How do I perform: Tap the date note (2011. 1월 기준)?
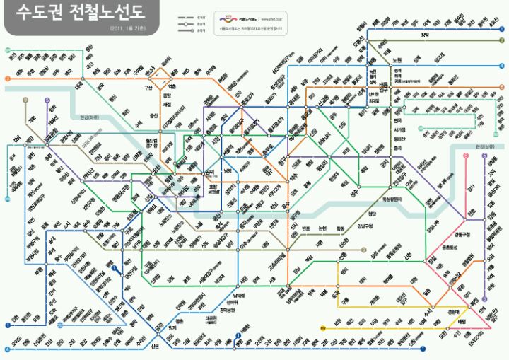[128, 29]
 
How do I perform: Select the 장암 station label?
[424, 35]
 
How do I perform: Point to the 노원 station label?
[397, 59]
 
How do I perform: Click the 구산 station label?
[148, 88]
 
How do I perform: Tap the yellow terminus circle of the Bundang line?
[322, 328]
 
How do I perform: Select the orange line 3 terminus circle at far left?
[6, 79]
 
